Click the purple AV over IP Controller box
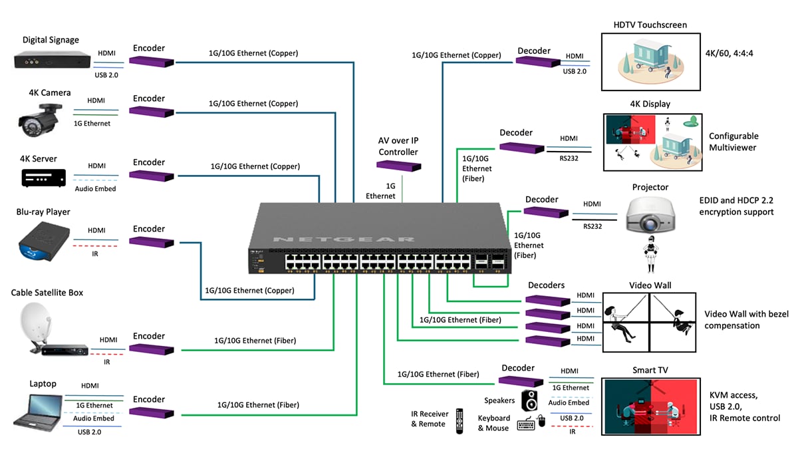click(x=399, y=166)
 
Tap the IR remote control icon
click(x=459, y=421)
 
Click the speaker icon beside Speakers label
click(x=529, y=400)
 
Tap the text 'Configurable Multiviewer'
click(x=733, y=142)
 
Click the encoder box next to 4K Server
click(x=152, y=176)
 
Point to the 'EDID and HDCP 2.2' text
click(x=736, y=200)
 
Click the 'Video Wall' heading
click(x=650, y=285)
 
